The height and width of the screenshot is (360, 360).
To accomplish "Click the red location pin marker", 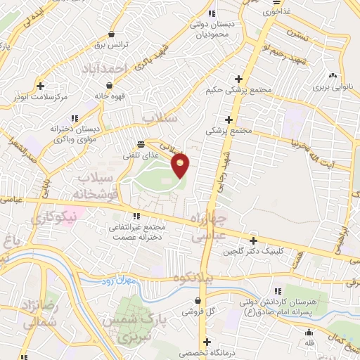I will pos(181,164).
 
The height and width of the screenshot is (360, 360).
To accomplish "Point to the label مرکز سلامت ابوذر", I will pos(44,97).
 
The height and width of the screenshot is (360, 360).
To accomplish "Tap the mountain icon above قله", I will pos(309,332).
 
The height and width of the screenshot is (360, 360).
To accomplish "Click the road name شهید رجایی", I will pos(225,158).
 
